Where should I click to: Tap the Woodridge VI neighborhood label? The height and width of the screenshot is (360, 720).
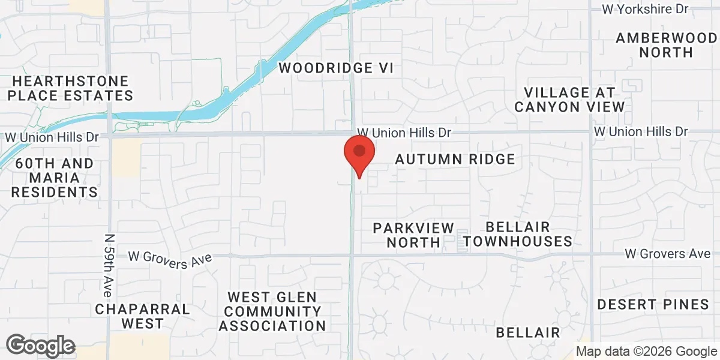tap(336, 68)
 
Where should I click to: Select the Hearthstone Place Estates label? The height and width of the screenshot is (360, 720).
tap(71, 88)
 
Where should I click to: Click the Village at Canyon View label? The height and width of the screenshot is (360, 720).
tap(569, 100)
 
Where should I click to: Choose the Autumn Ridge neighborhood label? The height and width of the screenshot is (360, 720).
tap(455, 159)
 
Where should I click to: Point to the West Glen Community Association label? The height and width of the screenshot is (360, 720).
tap(272, 311)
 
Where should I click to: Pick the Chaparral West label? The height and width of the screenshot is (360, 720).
tap(143, 316)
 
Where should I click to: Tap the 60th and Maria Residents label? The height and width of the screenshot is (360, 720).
tap(55, 178)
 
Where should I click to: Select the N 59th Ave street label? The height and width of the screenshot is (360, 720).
tap(108, 265)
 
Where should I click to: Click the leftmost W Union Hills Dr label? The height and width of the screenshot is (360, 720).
tap(52, 137)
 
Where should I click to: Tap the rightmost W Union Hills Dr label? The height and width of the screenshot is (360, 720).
tap(641, 131)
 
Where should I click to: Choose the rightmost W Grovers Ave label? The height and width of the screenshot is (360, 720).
tap(667, 254)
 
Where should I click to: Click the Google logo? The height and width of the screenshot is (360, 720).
tap(41, 346)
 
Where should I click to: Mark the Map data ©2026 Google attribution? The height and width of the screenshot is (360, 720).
tap(646, 352)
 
